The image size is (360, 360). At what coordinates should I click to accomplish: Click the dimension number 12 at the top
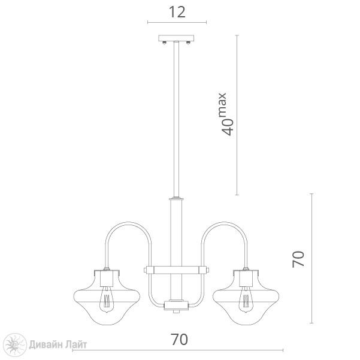177,12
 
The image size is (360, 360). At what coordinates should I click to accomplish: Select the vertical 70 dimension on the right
298,259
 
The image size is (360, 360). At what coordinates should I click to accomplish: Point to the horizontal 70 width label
179,340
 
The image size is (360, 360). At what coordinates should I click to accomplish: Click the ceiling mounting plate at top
176,38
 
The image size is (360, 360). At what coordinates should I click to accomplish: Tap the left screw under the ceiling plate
164,43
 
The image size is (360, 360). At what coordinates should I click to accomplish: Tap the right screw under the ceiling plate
188,43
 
